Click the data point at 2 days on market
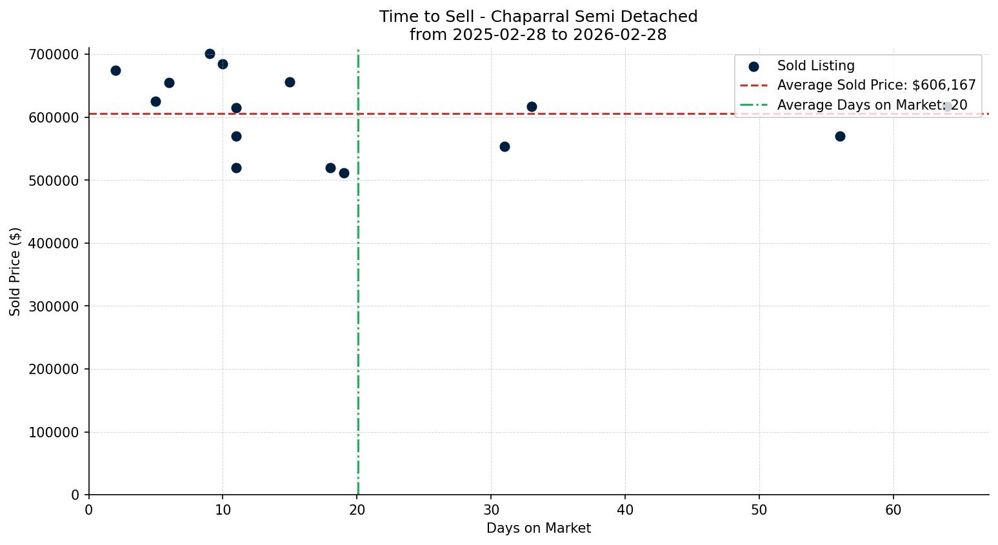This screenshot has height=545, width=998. (115, 70)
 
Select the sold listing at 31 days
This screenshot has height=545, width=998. (504, 146)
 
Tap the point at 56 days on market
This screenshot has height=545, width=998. (840, 136)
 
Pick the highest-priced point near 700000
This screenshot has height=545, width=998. (210, 54)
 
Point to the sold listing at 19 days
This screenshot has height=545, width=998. (344, 173)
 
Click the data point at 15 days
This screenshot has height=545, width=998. (290, 82)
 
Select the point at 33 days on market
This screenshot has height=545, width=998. (532, 106)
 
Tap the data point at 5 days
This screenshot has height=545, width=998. (155, 101)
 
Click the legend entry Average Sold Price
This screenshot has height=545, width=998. (876, 85)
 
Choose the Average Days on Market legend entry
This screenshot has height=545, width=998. (872, 105)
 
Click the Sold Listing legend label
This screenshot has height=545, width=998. (815, 66)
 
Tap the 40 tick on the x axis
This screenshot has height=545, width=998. (625, 510)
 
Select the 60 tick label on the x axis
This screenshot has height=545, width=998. (893, 510)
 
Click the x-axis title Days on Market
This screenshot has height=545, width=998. (539, 528)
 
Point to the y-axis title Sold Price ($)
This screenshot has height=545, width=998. (15, 272)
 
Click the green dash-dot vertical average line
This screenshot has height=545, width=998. (358, 290)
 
